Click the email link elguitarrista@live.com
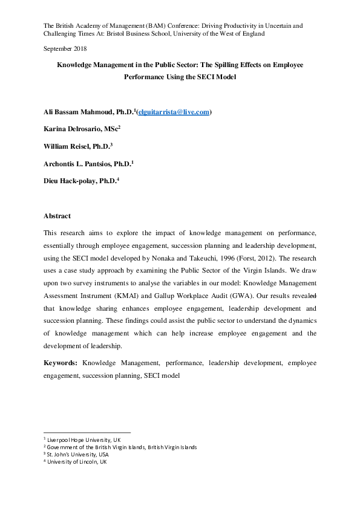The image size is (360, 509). coord(174,112)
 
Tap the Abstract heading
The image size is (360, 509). coord(57,216)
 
